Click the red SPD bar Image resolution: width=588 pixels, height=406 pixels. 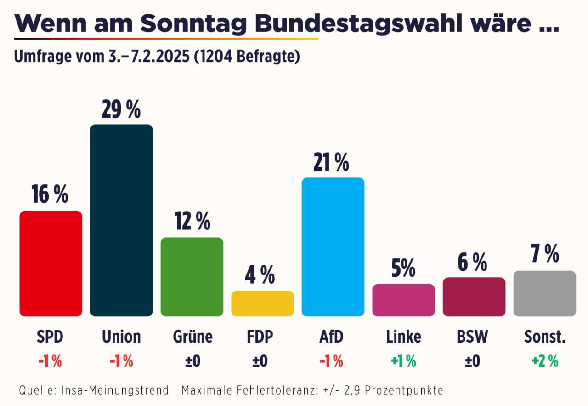[51, 263]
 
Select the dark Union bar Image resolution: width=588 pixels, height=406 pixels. [121, 220]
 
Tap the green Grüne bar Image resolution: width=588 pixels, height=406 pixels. [192, 277]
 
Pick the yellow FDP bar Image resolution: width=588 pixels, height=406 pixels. [262, 303]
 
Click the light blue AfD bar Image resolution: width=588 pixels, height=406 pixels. [333, 247]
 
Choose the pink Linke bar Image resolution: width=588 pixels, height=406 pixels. [403, 300]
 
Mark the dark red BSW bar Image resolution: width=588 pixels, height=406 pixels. [474, 297]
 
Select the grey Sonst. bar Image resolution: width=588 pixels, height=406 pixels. [544, 293]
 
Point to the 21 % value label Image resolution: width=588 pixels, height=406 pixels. [331, 163]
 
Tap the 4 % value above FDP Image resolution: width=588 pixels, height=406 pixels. [260, 275]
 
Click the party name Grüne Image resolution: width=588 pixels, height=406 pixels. [192, 337]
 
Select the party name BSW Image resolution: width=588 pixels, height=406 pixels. [472, 337]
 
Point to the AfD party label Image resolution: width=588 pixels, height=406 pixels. [331, 337]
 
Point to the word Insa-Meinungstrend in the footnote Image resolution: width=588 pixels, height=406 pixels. [115, 390]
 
